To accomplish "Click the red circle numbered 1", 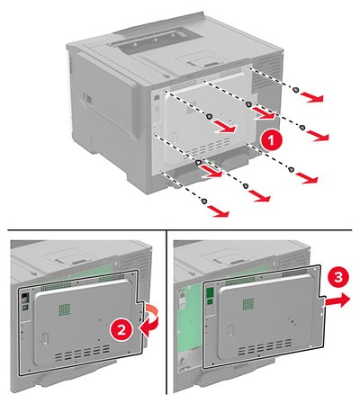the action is (x=271, y=139).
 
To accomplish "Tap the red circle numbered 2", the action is (x=121, y=330).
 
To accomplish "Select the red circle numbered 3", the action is (x=337, y=278).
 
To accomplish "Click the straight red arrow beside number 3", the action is (x=337, y=300).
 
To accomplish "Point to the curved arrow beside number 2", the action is (x=148, y=322).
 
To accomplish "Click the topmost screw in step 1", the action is (x=296, y=90).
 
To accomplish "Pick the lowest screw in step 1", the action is (x=204, y=201).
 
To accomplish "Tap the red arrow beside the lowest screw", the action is (x=219, y=211).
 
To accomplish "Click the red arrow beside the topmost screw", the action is (x=312, y=97).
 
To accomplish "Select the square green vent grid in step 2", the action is (x=65, y=309).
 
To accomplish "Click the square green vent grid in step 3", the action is (x=248, y=304).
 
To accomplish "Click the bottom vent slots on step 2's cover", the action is (x=82, y=353).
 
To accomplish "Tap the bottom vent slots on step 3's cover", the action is (x=265, y=347).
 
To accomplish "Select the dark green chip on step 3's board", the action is (x=211, y=292).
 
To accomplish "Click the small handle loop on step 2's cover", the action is (x=44, y=339).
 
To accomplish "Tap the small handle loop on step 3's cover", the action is (x=229, y=331).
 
